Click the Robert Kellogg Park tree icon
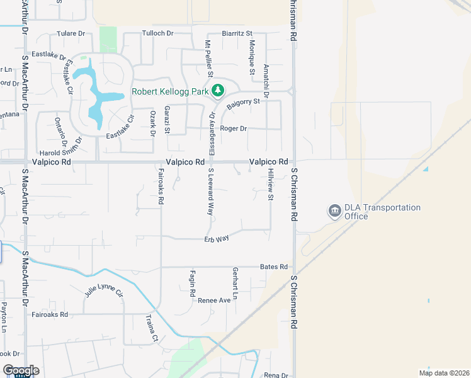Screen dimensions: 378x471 [218, 91]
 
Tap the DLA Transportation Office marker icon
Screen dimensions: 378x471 [334, 212]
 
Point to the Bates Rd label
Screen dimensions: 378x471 [273, 267]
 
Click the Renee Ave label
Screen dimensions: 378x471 [214, 301]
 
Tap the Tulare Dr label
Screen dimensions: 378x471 [71, 33]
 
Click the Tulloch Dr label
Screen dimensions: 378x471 [157, 33]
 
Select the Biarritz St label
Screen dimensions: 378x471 [237, 33]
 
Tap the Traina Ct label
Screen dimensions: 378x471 [152, 328]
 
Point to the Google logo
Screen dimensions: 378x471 [21, 370]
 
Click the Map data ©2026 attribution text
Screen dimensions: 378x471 [443, 372]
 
